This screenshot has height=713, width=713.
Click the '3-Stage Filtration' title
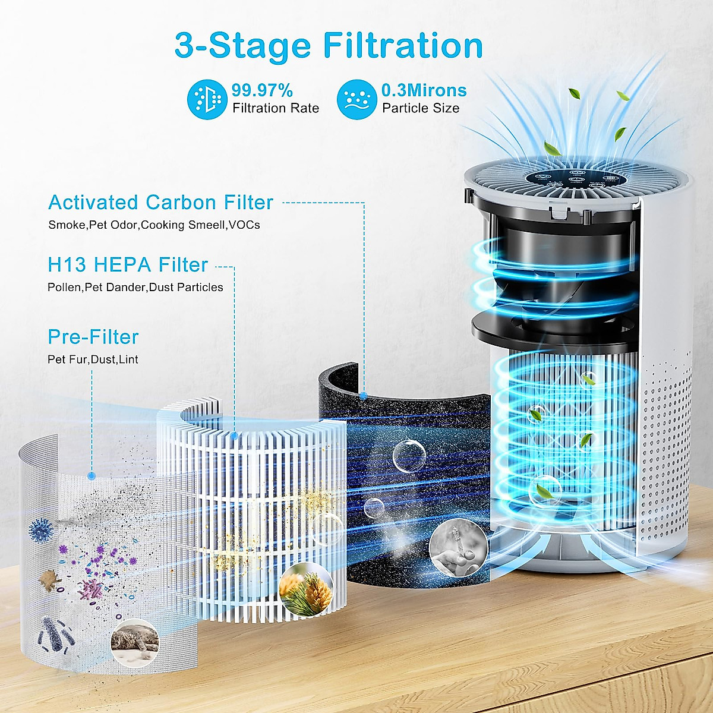pos(329,46)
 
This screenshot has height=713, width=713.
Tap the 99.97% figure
pos(262,91)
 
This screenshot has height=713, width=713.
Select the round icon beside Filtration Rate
pos(206,99)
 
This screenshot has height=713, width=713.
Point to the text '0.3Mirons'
pos(424,91)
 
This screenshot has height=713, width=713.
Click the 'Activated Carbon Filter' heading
pos(160,203)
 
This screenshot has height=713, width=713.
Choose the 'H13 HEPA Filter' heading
pos(128,264)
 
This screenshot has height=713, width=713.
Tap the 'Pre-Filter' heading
pos(93,337)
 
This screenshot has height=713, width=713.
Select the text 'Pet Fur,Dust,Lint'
pos(93,360)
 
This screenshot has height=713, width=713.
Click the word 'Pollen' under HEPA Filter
pos(64,288)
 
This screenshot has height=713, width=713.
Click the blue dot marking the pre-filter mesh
pos(92,475)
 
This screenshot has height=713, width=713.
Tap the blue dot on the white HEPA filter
pos(235,436)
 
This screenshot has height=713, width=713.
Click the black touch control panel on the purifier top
pos(570,180)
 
